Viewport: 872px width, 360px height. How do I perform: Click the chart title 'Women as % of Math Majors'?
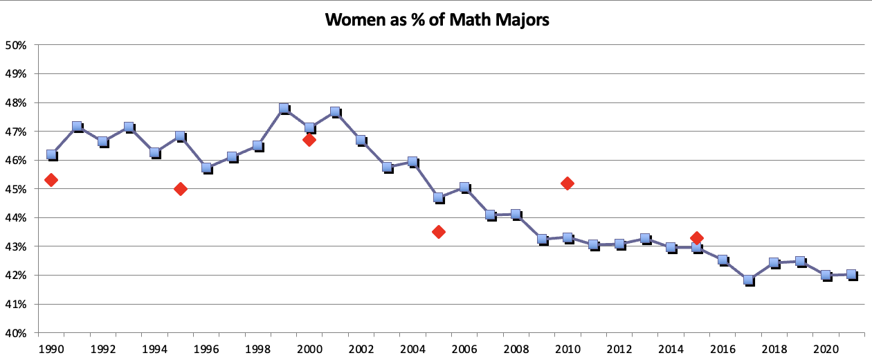(437, 19)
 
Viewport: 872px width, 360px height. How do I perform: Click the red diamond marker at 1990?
(51, 180)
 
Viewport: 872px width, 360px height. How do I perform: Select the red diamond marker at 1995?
(181, 189)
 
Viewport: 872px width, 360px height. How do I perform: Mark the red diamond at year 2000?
(309, 140)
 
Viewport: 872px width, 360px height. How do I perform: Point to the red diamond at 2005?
(438, 231)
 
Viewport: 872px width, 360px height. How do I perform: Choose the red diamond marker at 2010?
(567, 183)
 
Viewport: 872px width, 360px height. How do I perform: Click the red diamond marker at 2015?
(697, 237)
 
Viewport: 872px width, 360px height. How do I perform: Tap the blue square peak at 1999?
(284, 109)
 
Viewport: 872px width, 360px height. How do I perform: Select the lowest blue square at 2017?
(748, 280)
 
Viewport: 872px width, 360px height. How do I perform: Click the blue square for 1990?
(51, 154)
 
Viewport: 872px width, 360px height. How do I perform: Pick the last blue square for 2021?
(851, 275)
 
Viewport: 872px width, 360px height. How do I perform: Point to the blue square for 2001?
(335, 111)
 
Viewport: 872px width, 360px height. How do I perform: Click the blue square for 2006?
(464, 188)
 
